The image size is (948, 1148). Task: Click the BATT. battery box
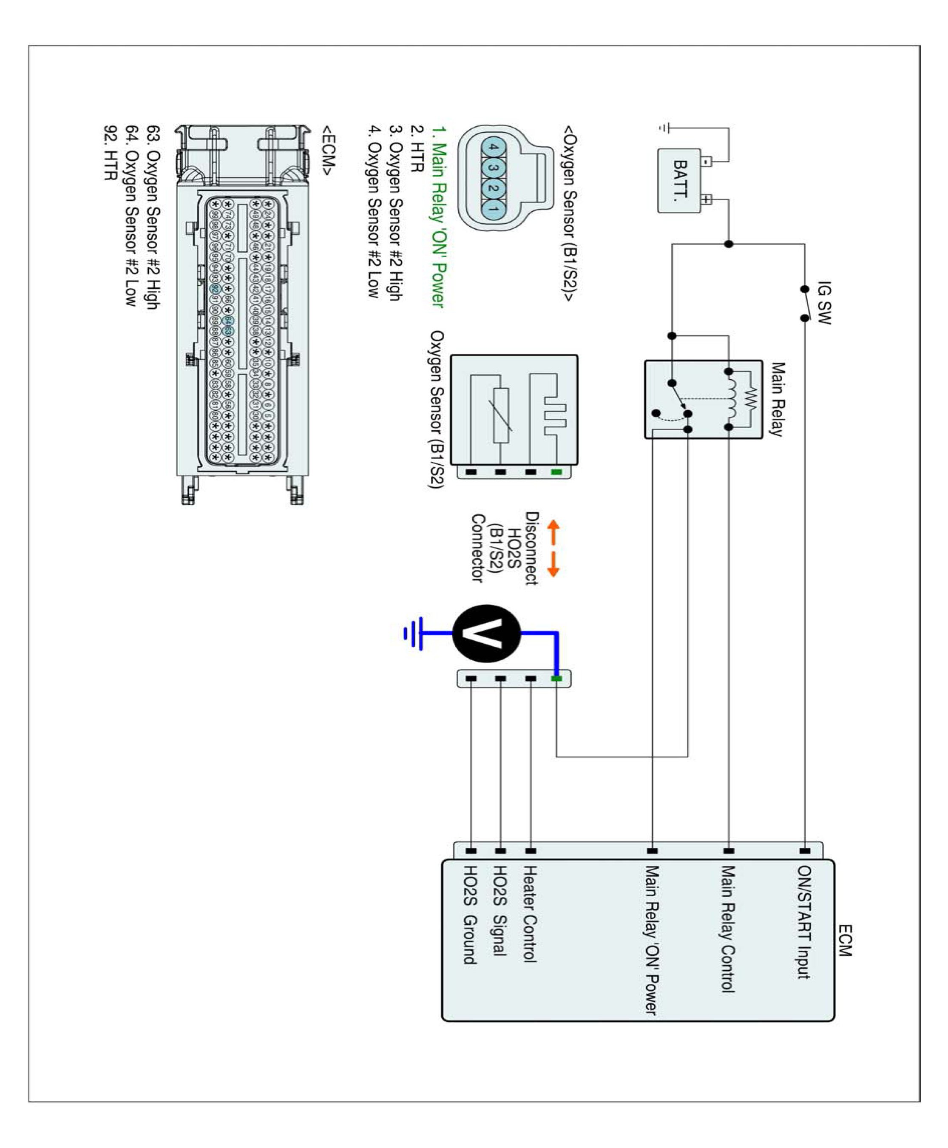point(679,181)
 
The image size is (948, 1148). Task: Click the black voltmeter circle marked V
point(487,634)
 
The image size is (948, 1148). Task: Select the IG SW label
point(823,303)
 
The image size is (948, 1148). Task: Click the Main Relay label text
point(777,399)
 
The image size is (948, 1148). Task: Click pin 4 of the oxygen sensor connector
point(493,148)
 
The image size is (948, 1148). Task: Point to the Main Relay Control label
point(727,929)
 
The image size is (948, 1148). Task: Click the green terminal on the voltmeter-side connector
point(556,679)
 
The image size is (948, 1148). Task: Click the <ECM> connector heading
point(328,151)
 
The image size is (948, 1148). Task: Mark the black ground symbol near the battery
point(664,128)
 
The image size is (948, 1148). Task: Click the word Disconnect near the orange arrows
point(531,548)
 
